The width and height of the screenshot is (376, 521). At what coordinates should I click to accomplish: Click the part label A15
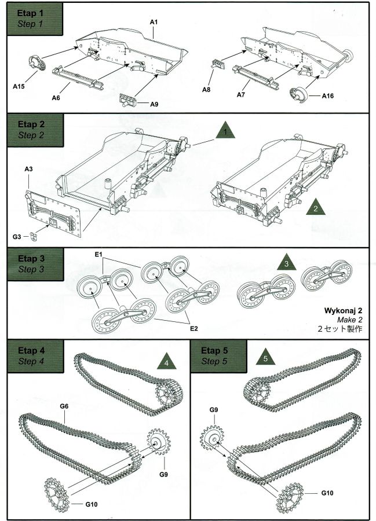[18, 86]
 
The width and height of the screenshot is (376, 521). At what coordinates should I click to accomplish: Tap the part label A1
[154, 22]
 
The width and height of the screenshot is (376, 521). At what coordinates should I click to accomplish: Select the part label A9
[154, 104]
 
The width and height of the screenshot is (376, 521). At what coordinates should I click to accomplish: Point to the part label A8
[207, 90]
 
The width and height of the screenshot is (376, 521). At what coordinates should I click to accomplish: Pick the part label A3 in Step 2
[29, 169]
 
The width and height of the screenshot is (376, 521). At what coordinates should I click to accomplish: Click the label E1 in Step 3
[98, 255]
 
